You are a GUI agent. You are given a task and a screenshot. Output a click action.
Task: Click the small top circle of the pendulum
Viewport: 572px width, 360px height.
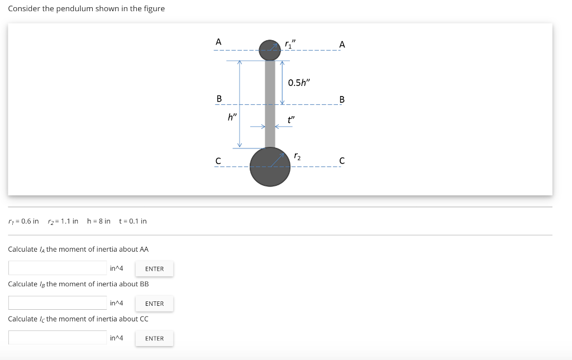[270, 50]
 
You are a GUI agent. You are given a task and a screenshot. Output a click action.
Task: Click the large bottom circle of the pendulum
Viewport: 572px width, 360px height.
[270, 167]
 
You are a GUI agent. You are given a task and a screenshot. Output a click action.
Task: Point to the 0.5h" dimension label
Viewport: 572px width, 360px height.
[298, 83]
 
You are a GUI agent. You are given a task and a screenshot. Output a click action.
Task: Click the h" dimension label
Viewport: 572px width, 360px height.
[232, 117]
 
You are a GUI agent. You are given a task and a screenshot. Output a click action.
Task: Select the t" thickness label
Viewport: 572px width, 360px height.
[291, 119]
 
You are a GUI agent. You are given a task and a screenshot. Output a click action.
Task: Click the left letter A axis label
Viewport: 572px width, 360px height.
[218, 42]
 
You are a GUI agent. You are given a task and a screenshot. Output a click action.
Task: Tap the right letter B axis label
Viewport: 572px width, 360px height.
[342, 100]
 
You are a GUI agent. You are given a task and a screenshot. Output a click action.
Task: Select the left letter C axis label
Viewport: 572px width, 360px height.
[218, 161]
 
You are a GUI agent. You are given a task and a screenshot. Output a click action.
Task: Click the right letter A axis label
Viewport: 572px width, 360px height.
[342, 45]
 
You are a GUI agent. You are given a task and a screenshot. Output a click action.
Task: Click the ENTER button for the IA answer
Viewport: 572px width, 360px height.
[154, 269]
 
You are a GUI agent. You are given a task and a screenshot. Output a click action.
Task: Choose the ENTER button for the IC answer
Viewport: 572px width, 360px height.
[154, 338]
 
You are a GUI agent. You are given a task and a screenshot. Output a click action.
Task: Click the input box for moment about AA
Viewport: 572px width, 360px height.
[58, 268]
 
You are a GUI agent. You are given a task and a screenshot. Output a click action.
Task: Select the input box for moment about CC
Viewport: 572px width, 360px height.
[58, 338]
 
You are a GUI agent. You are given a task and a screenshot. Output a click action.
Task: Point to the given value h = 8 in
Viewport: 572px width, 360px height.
[99, 221]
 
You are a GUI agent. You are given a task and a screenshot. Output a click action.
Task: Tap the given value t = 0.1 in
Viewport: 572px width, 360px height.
[133, 221]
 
